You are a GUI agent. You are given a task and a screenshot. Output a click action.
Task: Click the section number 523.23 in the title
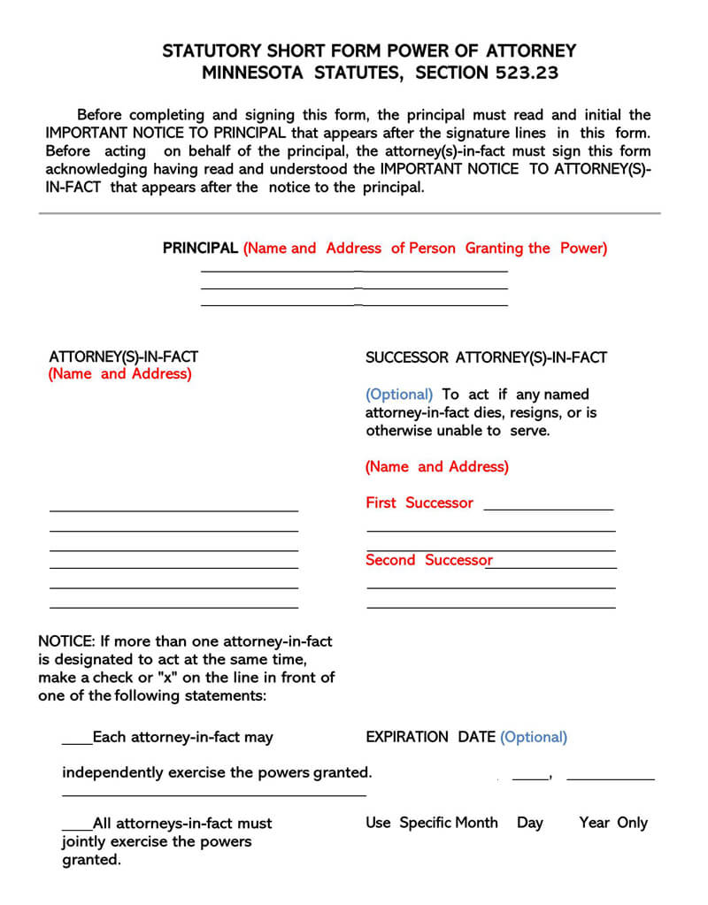click(x=523, y=73)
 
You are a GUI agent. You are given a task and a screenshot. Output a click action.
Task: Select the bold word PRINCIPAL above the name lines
click(x=200, y=249)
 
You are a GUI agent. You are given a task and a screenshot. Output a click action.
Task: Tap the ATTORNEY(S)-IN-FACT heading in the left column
click(x=123, y=357)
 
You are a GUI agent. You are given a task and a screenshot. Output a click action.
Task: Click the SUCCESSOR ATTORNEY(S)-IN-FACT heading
click(x=486, y=357)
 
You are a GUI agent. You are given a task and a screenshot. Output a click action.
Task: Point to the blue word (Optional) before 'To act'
click(x=399, y=395)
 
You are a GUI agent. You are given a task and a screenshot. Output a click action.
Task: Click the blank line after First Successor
click(x=549, y=507)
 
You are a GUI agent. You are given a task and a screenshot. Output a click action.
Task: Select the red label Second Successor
click(x=428, y=560)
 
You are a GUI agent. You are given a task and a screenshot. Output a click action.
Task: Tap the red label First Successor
click(x=419, y=502)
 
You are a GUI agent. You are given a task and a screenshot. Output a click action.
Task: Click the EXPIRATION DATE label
click(x=430, y=737)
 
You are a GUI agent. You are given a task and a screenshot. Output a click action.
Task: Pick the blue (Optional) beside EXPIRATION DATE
click(x=534, y=737)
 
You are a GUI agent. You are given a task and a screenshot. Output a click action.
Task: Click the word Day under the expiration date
click(x=529, y=823)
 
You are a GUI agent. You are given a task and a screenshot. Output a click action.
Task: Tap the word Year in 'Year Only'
click(x=595, y=823)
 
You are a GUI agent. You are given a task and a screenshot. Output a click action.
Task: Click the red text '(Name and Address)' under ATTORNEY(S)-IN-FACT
click(x=119, y=373)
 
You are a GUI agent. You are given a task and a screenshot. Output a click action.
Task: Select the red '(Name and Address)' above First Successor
click(x=436, y=466)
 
